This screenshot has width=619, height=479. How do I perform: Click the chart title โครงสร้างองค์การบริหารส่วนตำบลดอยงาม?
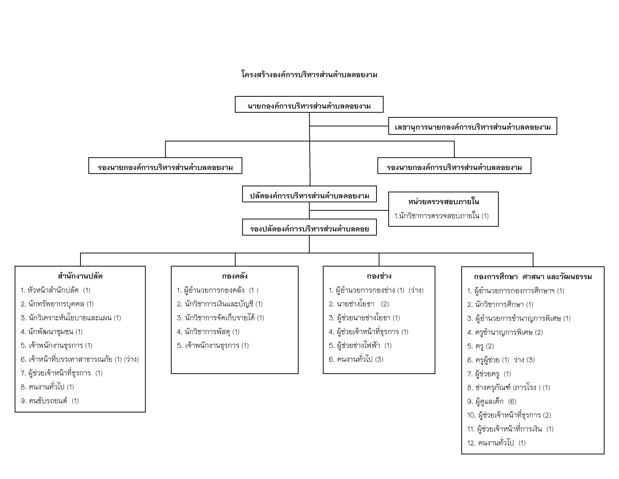(309, 75)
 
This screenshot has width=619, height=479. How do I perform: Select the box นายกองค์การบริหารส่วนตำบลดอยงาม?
(309, 104)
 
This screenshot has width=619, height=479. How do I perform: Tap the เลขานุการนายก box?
(473, 126)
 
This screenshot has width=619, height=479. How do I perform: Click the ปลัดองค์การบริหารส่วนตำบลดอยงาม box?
(309, 194)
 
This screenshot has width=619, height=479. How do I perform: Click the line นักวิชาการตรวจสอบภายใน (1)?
(442, 216)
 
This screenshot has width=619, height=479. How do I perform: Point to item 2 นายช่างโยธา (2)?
(359, 304)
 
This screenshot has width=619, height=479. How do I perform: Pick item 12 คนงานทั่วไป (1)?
(497, 443)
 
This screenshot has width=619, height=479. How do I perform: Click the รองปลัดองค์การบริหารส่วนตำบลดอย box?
(309, 227)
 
